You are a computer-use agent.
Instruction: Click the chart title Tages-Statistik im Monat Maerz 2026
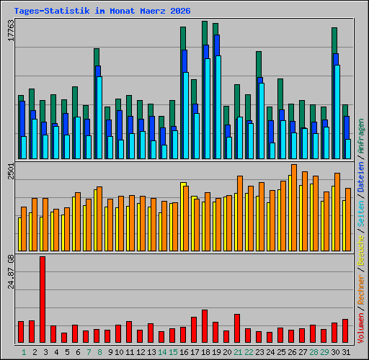click(x=102, y=11)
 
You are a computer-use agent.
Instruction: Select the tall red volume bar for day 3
click(x=43, y=300)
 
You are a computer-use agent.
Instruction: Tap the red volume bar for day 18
click(x=205, y=326)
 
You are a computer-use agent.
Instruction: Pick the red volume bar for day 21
click(x=237, y=328)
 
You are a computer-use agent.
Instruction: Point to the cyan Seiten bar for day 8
click(x=99, y=117)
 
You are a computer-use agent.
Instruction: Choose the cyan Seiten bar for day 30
click(x=337, y=112)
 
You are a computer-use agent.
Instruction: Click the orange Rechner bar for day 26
click(x=294, y=207)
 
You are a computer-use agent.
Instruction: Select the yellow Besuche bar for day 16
click(x=183, y=217)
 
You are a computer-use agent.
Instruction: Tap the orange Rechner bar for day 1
click(x=24, y=229)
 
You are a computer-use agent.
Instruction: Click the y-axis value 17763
click(x=11, y=30)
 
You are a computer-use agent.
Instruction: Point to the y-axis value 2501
click(x=11, y=171)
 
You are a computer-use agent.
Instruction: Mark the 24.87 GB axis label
click(x=11, y=271)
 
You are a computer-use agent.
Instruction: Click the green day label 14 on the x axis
click(x=162, y=352)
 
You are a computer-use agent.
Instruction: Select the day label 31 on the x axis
click(x=346, y=352)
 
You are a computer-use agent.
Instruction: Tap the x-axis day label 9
click(x=110, y=352)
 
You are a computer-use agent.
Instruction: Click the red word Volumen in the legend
click(x=361, y=328)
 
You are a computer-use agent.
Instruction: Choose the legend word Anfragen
click(x=361, y=136)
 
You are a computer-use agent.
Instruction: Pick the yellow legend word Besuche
click(x=361, y=250)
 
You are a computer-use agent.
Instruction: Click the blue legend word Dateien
click(x=361, y=177)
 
